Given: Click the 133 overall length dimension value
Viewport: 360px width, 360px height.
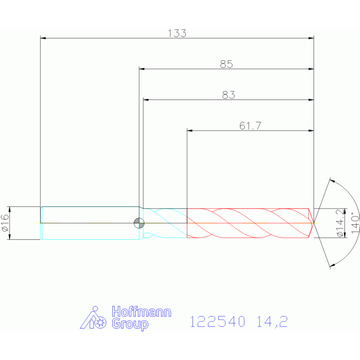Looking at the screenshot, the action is pos(177,33).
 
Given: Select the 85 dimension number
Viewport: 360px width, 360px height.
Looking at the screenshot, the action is pos(226,64).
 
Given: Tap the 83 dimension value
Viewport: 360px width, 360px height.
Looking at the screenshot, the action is pos(229,95).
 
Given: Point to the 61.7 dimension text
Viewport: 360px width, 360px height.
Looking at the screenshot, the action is pos(250,126).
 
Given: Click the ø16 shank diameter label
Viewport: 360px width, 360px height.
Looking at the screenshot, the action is pos(5,222).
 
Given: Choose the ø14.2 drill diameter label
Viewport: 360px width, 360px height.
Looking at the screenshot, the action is pos(340,223).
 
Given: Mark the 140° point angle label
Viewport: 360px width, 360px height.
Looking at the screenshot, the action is pos(355,222).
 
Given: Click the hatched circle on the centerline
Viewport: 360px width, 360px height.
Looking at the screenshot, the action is pos(139,223).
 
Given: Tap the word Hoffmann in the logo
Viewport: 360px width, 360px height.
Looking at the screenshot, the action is pos(141,312).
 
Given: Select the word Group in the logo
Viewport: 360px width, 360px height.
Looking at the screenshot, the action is pos(130,324).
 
